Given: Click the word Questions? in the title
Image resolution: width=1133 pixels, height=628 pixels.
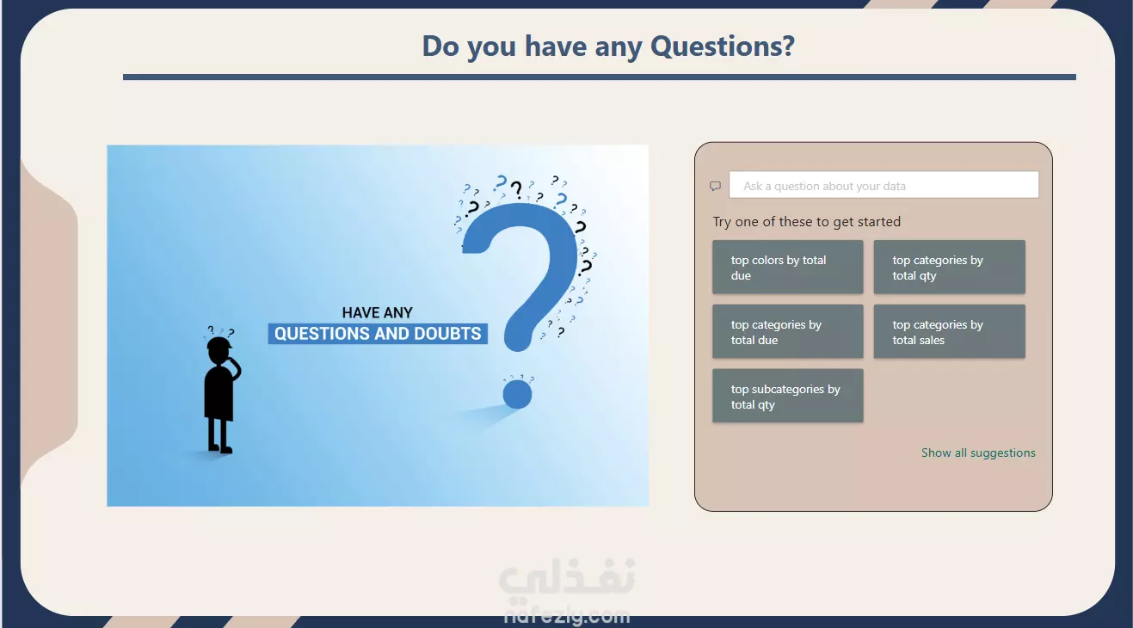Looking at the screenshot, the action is pyautogui.click(x=723, y=46).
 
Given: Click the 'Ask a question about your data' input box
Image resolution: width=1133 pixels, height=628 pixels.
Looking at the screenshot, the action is pyautogui.click(x=884, y=185).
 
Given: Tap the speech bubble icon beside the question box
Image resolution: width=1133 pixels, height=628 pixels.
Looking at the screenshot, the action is pyautogui.click(x=715, y=186).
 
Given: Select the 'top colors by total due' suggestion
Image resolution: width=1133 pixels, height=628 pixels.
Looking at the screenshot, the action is pyautogui.click(x=787, y=267).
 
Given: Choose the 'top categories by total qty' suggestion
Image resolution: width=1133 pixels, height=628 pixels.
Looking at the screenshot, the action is pyautogui.click(x=950, y=267).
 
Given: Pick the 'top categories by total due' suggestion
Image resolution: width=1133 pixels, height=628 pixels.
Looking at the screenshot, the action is pyautogui.click(x=787, y=331).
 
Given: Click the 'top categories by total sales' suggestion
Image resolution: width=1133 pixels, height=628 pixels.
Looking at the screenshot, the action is pyautogui.click(x=950, y=331).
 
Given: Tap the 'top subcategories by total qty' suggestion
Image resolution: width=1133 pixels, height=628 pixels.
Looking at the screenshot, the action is pyautogui.click(x=787, y=396).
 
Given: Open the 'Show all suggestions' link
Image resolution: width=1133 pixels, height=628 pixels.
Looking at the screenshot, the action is pyautogui.click(x=978, y=453).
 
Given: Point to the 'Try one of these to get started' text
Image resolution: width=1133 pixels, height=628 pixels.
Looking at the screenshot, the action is pyautogui.click(x=807, y=221).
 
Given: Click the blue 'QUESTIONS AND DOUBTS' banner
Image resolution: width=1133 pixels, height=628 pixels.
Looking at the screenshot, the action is pyautogui.click(x=378, y=334).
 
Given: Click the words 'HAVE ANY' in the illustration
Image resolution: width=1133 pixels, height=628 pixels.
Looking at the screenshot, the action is pyautogui.click(x=378, y=312).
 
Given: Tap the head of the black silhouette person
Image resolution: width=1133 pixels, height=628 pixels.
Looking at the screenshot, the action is pyautogui.click(x=219, y=349).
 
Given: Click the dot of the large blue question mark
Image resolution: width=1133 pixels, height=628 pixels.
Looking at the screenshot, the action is pyautogui.click(x=517, y=394).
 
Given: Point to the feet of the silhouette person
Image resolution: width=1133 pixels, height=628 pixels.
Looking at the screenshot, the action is pyautogui.click(x=221, y=448).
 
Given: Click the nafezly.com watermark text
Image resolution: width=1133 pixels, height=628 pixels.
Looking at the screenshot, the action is pyautogui.click(x=567, y=616).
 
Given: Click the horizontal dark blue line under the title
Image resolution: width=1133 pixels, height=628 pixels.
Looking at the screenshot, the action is pyautogui.click(x=600, y=77).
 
